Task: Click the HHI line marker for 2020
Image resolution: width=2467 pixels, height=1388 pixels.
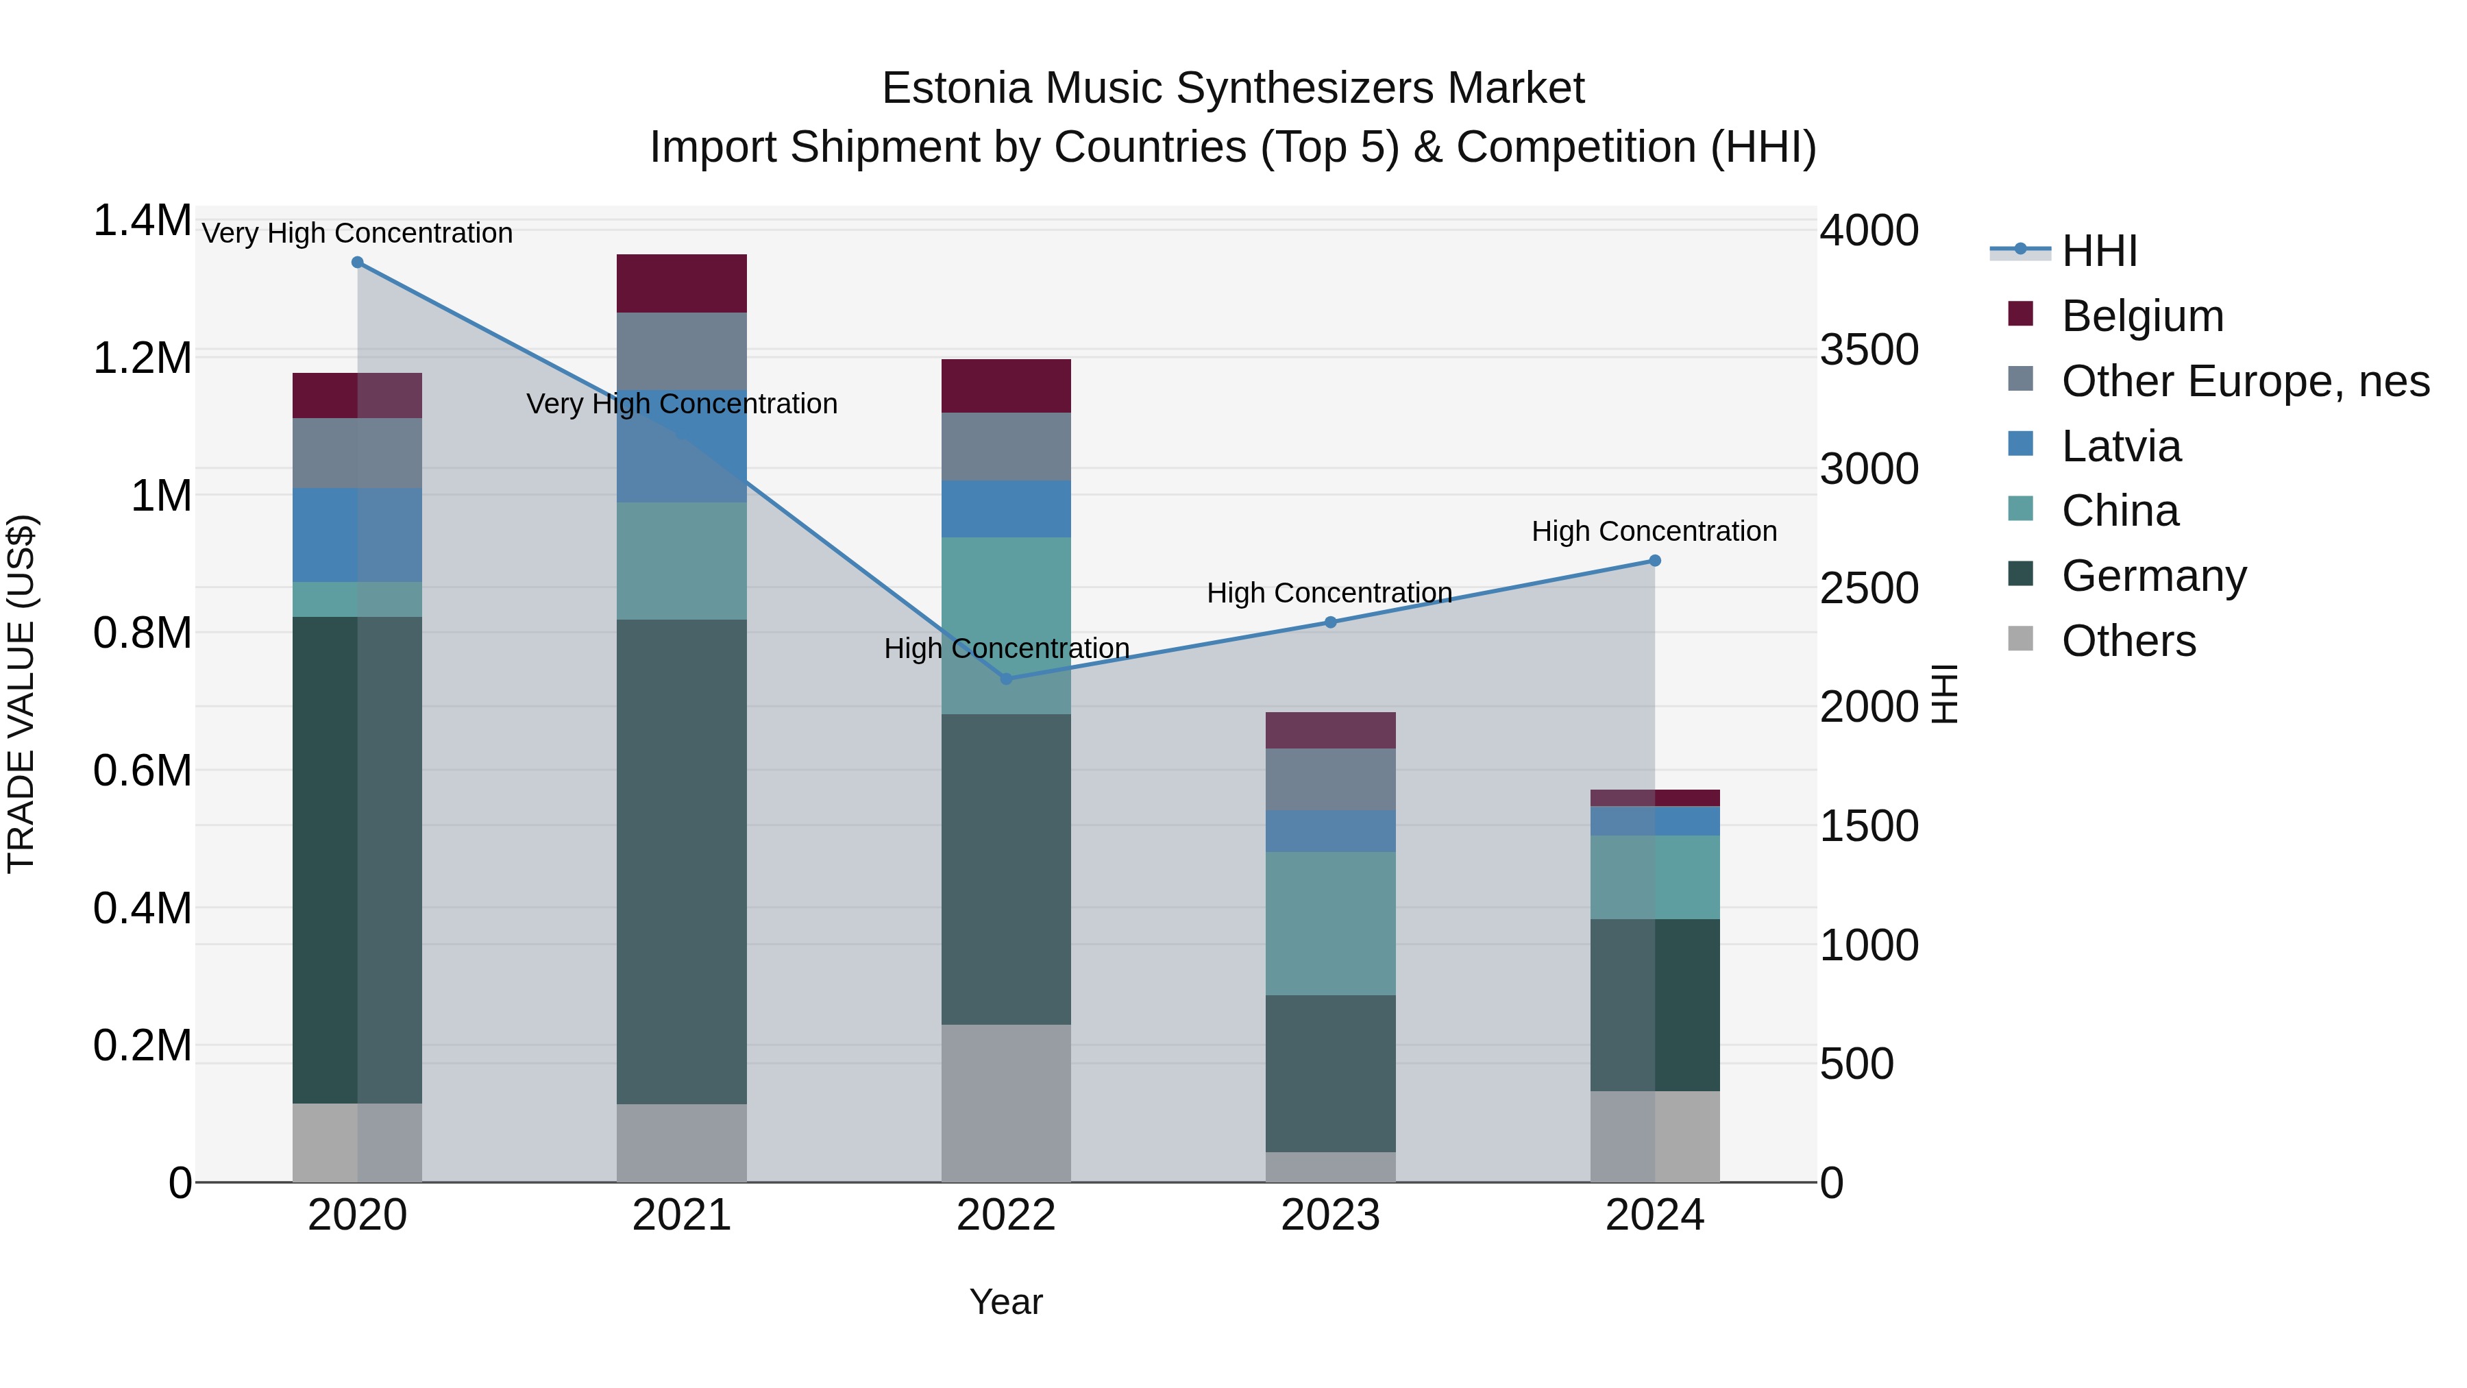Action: coord(357,263)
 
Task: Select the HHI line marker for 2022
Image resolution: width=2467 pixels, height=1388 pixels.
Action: coord(1005,679)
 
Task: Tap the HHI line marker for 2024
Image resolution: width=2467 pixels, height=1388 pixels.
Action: coord(1654,561)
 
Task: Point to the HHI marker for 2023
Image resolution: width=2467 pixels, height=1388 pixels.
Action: coord(1330,622)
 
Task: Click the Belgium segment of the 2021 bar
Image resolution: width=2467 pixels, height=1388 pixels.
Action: coord(681,284)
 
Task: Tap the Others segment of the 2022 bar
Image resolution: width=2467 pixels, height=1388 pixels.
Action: coord(1005,1104)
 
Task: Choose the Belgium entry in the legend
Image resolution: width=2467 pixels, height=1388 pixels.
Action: coord(2141,316)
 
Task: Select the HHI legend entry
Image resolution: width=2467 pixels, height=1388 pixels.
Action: coord(2098,251)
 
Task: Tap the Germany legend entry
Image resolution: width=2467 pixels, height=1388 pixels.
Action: coord(2153,576)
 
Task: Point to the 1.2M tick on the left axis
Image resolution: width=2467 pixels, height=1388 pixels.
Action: coord(142,358)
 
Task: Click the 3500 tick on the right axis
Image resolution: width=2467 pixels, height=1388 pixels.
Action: coord(1869,350)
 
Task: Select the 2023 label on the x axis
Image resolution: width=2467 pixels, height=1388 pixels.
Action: coord(1330,1215)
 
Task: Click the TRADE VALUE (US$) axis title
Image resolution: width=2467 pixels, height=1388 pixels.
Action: coord(21,694)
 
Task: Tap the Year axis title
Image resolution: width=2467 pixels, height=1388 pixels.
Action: coord(1005,1302)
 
